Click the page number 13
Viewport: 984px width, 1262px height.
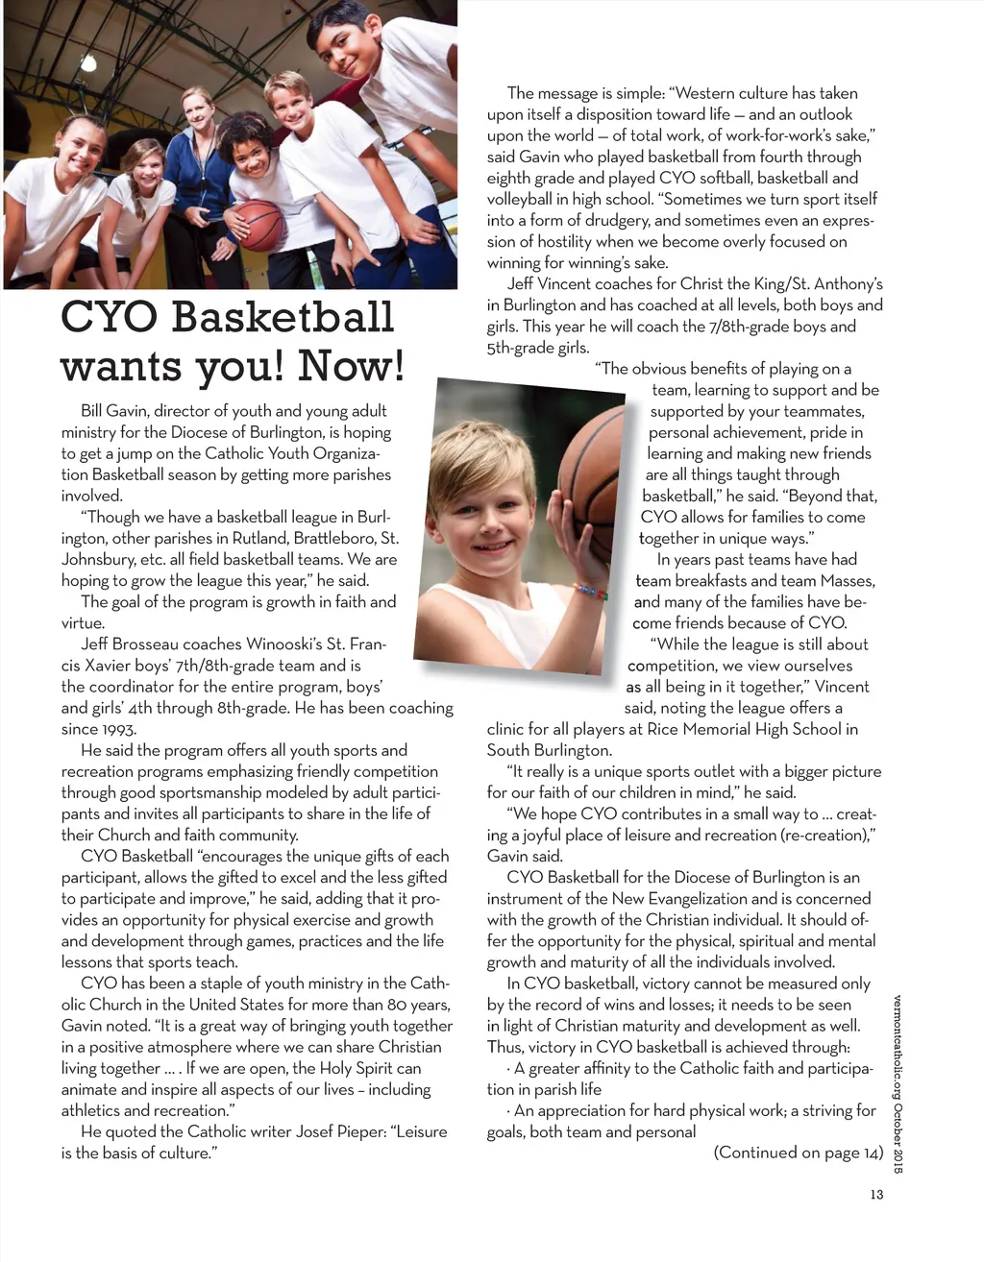tap(874, 1195)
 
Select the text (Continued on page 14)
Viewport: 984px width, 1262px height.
tap(798, 1153)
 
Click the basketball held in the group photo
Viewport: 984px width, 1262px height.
tap(260, 225)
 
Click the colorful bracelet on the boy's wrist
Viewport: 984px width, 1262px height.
tap(590, 591)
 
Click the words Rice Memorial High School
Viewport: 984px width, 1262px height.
tap(734, 729)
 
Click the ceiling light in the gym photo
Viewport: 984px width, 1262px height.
tap(88, 63)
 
